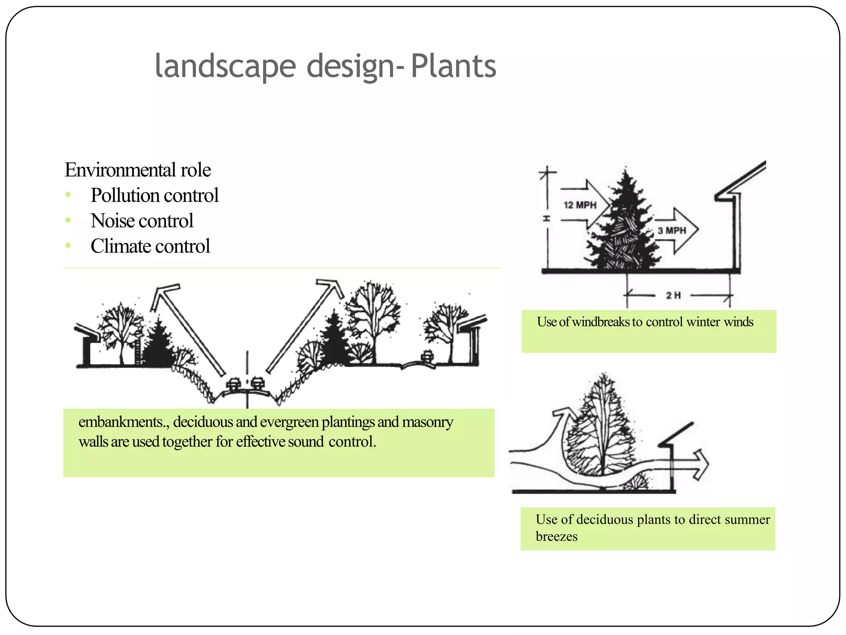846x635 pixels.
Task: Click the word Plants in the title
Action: [x=453, y=66]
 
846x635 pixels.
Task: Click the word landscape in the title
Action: [x=225, y=66]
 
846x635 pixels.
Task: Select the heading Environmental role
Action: [x=138, y=170]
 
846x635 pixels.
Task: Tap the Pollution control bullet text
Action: [x=154, y=195]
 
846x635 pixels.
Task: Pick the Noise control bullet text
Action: [x=142, y=221]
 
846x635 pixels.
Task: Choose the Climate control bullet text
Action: [x=150, y=246]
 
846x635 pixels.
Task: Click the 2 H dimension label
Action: [x=673, y=295]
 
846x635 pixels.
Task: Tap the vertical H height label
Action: [x=547, y=218]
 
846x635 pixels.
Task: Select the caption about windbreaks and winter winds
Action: [x=645, y=322]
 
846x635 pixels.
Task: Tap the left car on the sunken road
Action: [x=233, y=385]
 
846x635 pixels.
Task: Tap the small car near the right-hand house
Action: [x=427, y=356]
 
